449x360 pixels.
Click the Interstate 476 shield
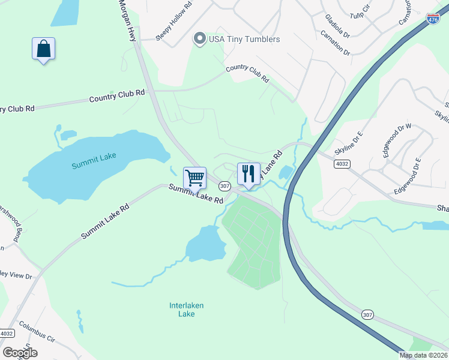click(433, 19)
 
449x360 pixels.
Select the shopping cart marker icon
click(194, 178)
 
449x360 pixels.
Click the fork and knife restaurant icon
click(249, 174)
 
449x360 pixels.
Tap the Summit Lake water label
click(93, 160)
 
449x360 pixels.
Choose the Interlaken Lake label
click(187, 310)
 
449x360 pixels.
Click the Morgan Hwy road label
click(126, 20)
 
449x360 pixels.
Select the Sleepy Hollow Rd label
click(173, 22)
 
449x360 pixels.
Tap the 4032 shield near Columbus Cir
click(7, 334)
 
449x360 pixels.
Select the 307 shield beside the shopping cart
click(224, 186)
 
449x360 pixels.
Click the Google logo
click(19, 353)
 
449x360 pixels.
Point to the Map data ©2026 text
click(424, 355)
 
